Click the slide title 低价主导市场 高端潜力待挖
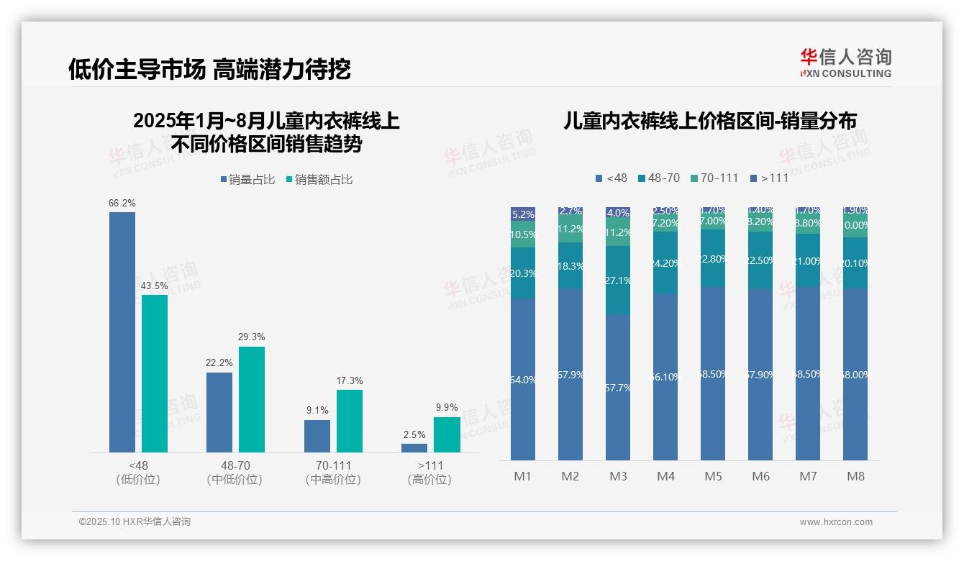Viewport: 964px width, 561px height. tap(209, 69)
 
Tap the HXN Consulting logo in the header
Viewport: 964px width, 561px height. tap(845, 63)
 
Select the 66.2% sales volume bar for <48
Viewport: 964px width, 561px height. tap(122, 332)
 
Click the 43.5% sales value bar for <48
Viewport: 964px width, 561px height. tap(155, 373)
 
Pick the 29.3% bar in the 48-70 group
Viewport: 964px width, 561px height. tap(252, 399)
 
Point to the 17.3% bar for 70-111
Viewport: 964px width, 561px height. tap(350, 421)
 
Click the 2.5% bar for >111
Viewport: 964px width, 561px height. tap(414, 447)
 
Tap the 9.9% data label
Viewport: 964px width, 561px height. tap(447, 407)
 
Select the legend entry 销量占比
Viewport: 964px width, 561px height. tap(247, 179)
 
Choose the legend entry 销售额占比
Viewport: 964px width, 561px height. tap(319, 179)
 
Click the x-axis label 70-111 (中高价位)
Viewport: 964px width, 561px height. tap(332, 473)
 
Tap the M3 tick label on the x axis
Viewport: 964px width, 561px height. tap(618, 476)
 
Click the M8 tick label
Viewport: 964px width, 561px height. tap(855, 476)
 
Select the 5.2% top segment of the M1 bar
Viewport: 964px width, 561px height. tap(523, 214)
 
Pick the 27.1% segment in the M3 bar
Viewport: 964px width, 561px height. tap(618, 280)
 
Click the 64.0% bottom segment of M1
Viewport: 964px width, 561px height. tap(523, 379)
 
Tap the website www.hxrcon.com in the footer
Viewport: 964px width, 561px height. tap(835, 522)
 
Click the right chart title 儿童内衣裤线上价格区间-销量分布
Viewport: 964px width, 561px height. tap(710, 122)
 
